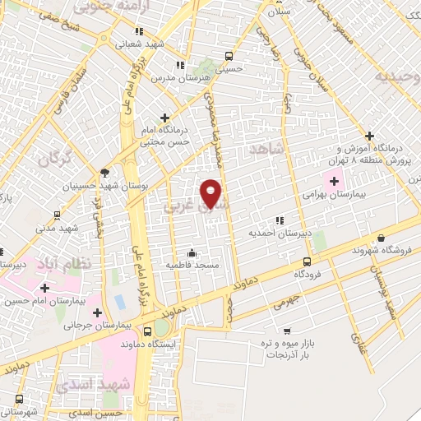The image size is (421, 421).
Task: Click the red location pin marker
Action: [x=211, y=192]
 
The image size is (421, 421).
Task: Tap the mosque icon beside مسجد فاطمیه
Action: [x=192, y=252]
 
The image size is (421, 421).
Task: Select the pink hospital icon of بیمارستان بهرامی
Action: [x=334, y=181]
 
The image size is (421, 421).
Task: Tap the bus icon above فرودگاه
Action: [x=307, y=261]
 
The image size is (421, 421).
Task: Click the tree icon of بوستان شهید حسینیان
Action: [x=104, y=173]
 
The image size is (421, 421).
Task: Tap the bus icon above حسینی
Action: [x=229, y=57]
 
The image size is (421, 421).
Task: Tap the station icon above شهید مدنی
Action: [x=56, y=215]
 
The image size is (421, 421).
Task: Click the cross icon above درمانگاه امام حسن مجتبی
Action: [x=164, y=118]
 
